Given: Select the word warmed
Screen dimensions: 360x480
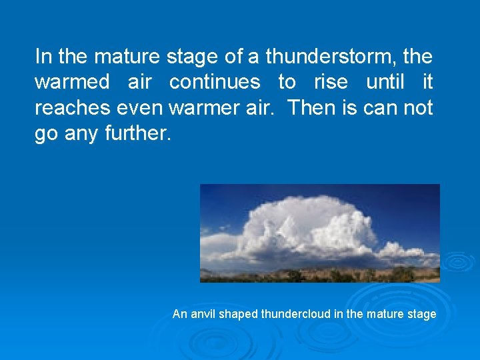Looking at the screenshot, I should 71,83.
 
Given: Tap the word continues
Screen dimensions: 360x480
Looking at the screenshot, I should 215,83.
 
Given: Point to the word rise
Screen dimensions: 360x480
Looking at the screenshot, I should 331,83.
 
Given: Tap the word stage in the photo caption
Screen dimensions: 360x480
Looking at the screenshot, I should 422,314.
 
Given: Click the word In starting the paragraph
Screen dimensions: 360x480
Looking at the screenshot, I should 42,57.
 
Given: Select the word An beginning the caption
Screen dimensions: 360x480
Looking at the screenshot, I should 179,314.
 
